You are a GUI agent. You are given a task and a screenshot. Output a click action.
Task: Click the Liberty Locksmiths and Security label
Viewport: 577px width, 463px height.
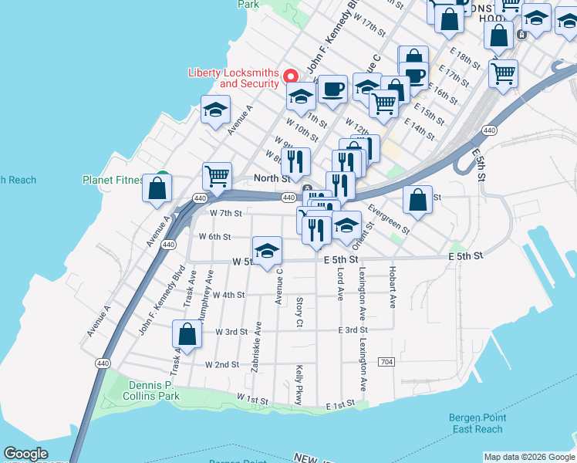coord(233,79)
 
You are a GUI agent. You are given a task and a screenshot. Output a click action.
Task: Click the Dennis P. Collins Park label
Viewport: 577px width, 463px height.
coord(151,390)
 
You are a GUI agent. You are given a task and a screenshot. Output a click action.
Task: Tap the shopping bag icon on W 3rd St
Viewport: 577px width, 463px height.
coord(187,334)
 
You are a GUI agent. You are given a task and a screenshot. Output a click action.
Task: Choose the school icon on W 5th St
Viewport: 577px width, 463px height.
coord(268,252)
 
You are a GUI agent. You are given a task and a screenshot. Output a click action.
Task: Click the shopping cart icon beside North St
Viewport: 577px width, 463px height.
coord(217,176)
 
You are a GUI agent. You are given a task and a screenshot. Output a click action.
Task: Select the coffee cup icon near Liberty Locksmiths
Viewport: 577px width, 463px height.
coord(332,90)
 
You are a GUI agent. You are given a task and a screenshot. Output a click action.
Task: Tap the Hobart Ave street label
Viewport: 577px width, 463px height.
coord(393,288)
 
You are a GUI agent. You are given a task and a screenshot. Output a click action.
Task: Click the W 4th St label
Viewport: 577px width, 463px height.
coord(228,295)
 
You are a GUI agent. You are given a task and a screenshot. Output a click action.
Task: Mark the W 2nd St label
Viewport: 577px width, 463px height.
coord(222,364)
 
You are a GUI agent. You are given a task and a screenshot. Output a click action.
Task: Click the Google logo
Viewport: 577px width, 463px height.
coord(25,454)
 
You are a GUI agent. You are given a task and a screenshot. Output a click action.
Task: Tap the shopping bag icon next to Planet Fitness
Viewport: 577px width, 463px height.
coord(157,188)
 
